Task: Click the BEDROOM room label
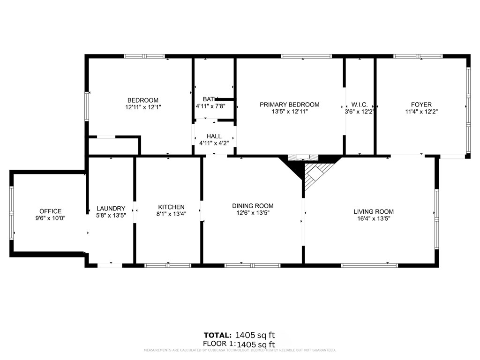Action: tap(143, 100)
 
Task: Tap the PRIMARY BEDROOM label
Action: tap(289, 105)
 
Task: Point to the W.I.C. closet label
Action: tap(359, 105)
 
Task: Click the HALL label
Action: tap(214, 136)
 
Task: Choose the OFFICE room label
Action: tap(50, 211)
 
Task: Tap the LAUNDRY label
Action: tap(111, 209)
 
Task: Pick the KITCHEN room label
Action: tap(171, 207)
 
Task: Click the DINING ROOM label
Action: tap(253, 206)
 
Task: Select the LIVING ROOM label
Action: tap(374, 211)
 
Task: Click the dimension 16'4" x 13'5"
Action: tap(374, 218)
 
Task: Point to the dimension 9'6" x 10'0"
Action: tap(50, 218)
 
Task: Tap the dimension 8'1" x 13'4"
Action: tap(171, 214)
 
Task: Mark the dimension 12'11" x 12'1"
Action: tap(143, 107)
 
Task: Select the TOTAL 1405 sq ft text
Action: tap(239, 335)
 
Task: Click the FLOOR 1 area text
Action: tap(239, 344)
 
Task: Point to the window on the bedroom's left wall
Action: tap(87, 106)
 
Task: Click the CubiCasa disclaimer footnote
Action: tap(240, 350)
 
